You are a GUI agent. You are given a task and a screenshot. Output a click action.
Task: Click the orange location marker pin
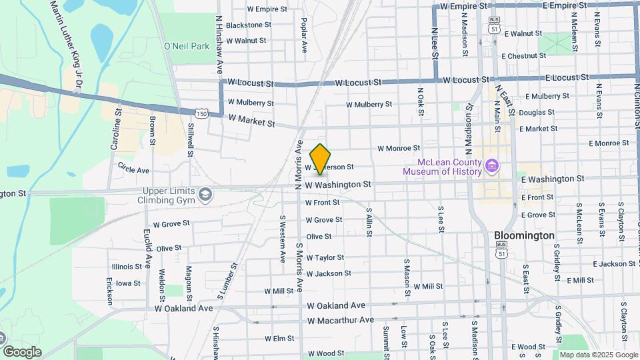click(321, 159)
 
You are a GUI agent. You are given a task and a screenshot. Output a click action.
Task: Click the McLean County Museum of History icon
click(492, 165)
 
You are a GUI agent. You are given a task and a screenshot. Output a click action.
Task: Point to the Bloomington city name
click(525, 235)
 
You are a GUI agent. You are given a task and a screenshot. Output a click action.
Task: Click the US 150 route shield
click(202, 114)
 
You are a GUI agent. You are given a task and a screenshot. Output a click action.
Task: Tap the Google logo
click(22, 351)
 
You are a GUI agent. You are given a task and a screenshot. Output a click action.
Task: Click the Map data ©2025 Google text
click(597, 355)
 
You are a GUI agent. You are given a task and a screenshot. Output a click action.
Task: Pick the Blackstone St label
click(249, 25)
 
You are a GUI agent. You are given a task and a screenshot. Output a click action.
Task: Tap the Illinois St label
click(127, 267)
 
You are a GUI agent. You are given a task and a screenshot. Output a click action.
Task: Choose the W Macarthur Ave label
click(341, 320)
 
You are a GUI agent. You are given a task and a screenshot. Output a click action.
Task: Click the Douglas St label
click(537, 113)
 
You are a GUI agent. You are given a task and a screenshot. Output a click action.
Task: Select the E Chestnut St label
click(527, 56)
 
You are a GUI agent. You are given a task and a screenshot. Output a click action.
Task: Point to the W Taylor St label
click(325, 257)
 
